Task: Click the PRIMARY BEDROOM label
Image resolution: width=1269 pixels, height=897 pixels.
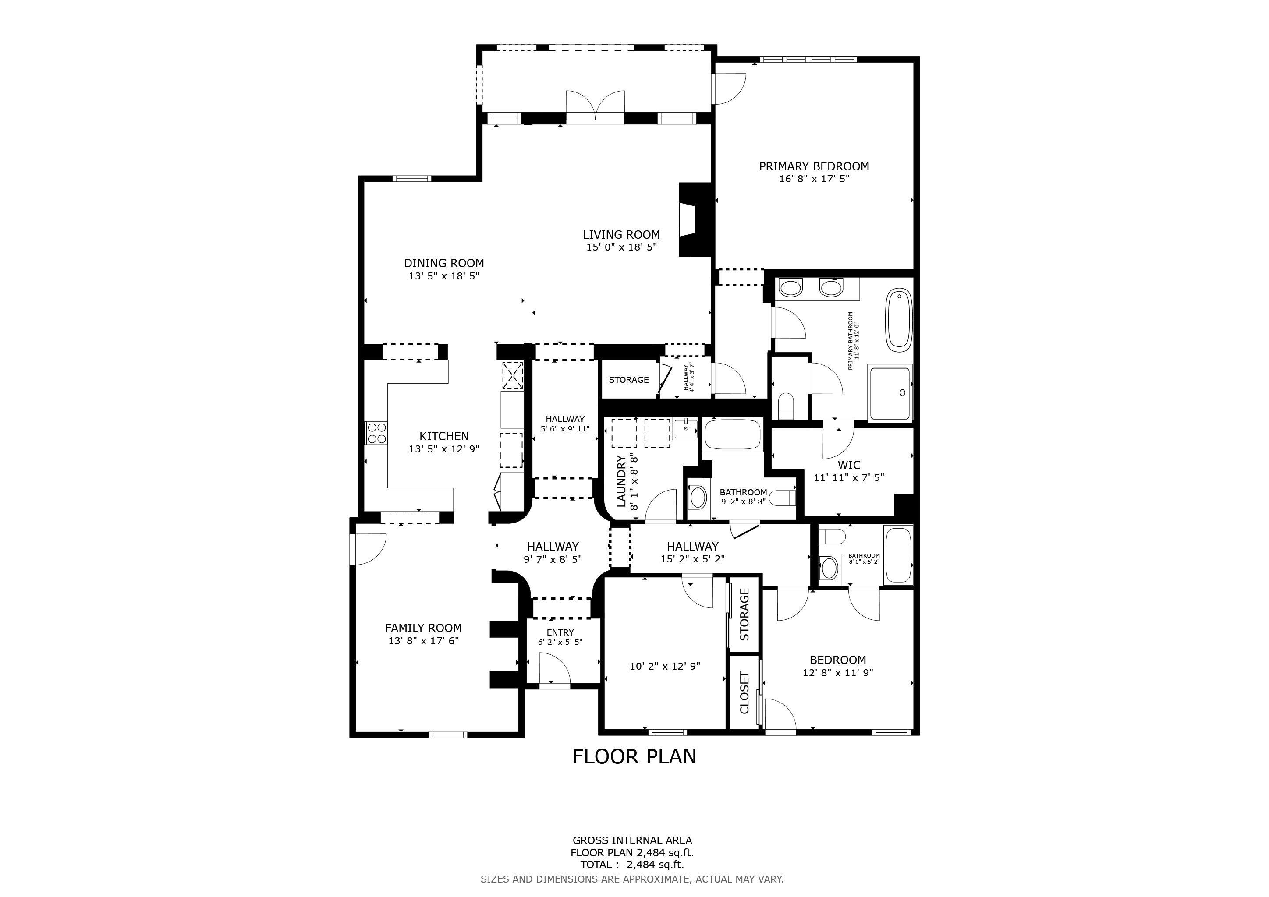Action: (x=814, y=166)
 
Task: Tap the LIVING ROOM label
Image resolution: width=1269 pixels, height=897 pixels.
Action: (x=621, y=235)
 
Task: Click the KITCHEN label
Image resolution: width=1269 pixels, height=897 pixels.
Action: (x=444, y=436)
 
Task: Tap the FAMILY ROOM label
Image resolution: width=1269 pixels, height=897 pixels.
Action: (x=423, y=628)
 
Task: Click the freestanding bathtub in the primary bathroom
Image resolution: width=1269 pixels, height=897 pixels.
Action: (x=899, y=320)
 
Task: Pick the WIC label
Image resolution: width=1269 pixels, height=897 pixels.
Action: (x=849, y=465)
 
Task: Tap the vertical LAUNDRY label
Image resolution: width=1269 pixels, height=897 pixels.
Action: (x=620, y=480)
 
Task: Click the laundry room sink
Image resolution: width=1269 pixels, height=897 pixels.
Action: (x=685, y=429)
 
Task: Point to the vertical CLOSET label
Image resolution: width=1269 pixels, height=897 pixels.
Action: (x=744, y=692)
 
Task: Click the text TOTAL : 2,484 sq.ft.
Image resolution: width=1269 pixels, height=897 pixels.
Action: (x=632, y=865)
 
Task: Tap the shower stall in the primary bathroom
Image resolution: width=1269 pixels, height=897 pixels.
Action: (x=890, y=393)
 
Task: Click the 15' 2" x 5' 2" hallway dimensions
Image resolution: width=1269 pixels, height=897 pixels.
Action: (x=692, y=559)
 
